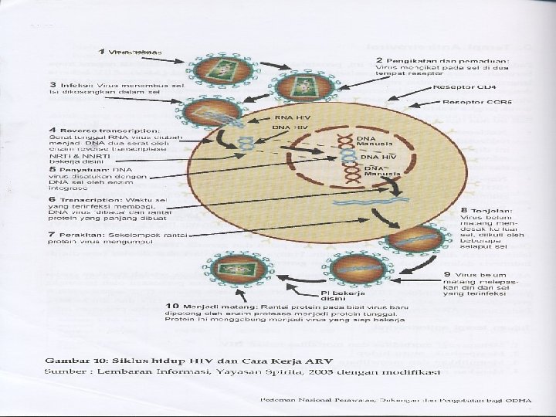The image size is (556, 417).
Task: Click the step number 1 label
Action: (x=102, y=53)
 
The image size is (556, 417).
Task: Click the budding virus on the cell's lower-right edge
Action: (x=406, y=240)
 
